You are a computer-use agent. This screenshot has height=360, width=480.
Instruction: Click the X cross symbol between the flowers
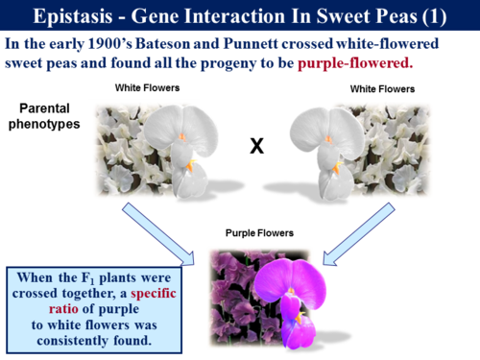point(256,147)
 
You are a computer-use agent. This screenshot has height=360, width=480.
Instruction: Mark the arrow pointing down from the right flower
point(364,230)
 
